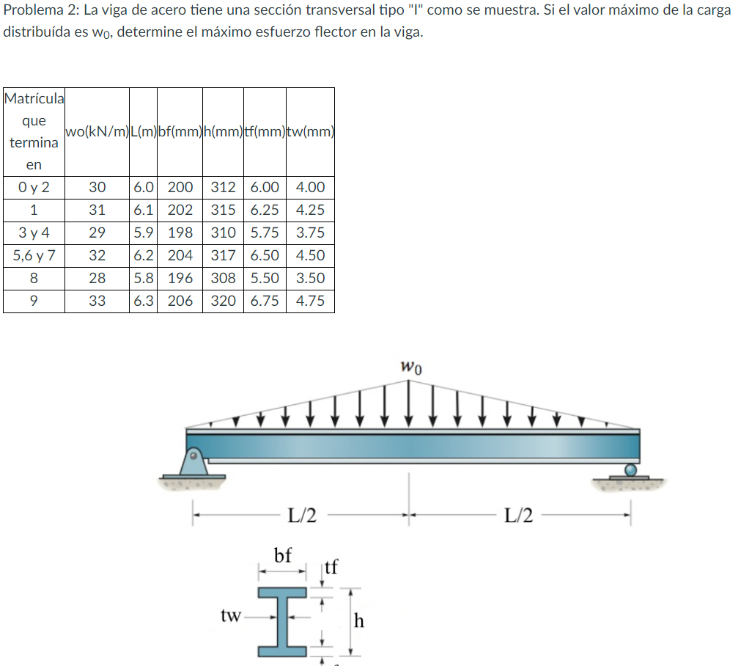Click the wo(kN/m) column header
[97, 131]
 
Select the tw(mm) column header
[311, 131]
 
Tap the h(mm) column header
[223, 131]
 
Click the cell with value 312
[223, 187]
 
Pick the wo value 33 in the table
[97, 301]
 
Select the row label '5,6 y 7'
[34, 255]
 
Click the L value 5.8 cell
[143, 278]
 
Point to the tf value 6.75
[265, 301]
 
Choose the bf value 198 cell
[180, 233]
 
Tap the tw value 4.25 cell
[311, 210]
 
